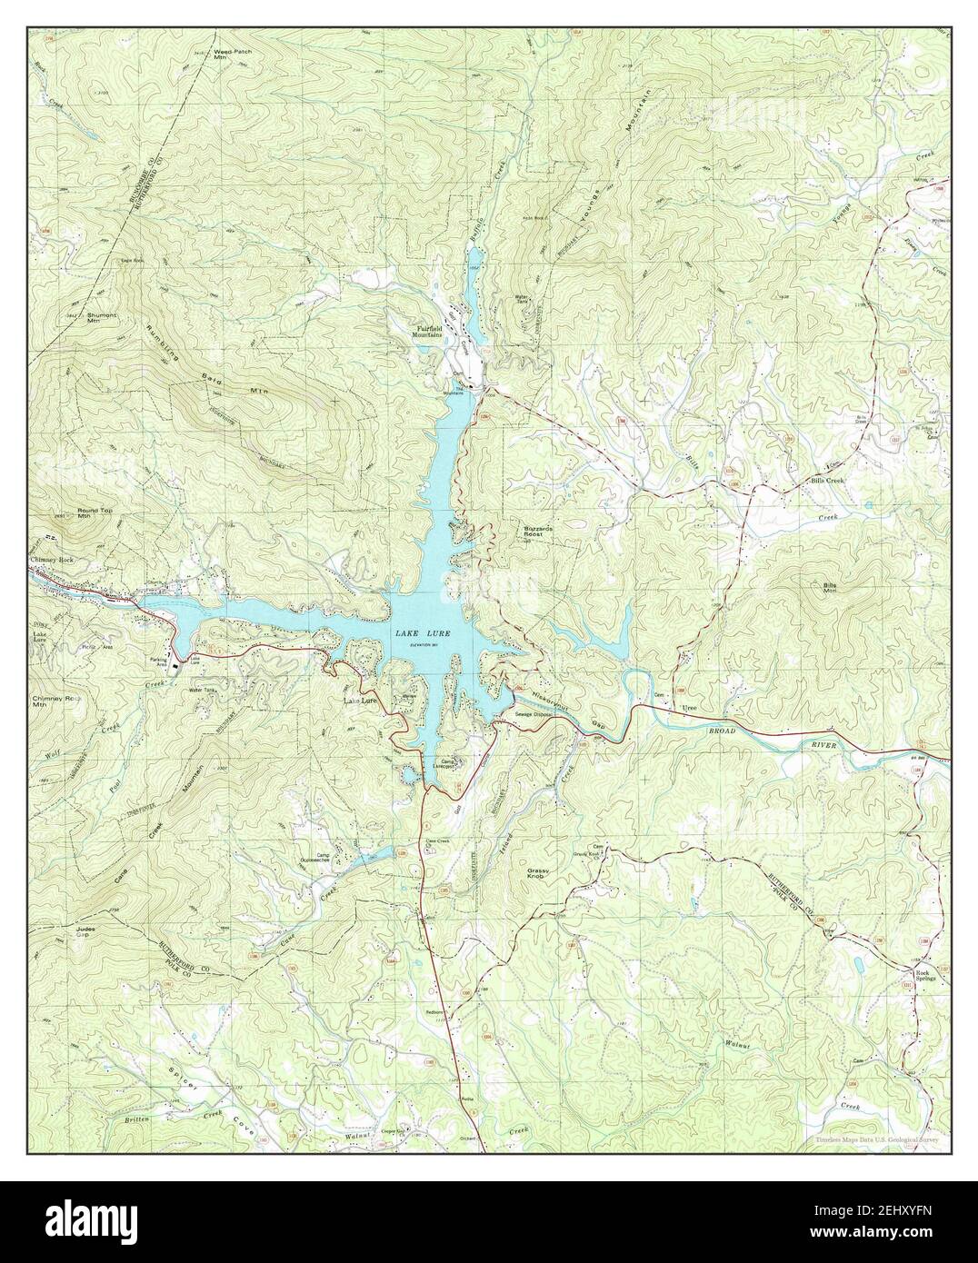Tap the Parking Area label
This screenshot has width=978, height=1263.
click(x=165, y=661)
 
